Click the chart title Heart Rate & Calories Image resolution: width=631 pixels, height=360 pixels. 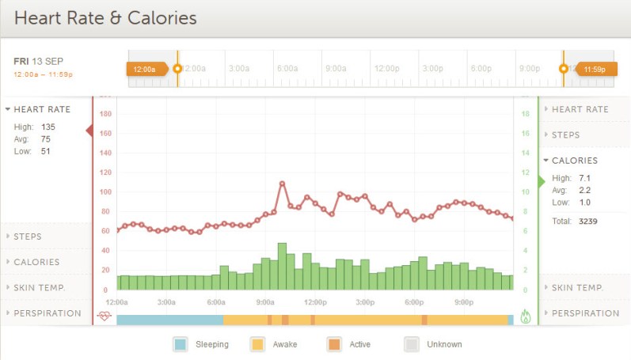pos(105,17)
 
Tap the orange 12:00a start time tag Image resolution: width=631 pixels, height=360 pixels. pos(145,69)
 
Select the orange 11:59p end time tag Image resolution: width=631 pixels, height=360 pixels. pos(594,69)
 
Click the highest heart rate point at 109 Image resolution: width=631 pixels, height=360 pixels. pos(282,184)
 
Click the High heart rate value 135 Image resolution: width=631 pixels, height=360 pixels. pos(48,127)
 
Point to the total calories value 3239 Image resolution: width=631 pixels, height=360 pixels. pos(587,221)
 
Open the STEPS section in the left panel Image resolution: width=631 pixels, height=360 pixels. pos(27,237)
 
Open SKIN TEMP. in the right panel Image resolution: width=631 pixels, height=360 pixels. pos(578,288)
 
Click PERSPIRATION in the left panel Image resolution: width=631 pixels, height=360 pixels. pos(47,313)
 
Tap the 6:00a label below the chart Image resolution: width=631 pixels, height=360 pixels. pos(216,302)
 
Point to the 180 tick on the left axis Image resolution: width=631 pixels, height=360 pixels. pos(105,114)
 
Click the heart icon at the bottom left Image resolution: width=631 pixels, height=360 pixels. pos(105,316)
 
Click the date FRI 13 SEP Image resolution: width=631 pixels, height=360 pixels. pos(38,62)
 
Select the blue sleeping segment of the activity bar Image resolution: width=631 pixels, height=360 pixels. pos(169,320)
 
